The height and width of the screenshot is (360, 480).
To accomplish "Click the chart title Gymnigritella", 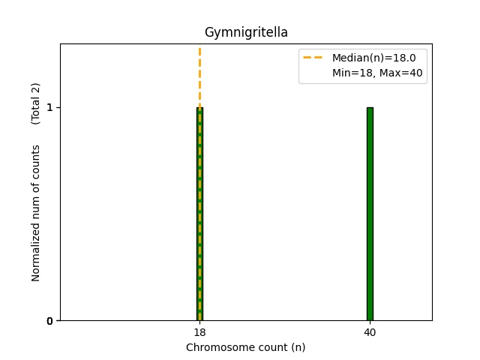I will coord(246,33).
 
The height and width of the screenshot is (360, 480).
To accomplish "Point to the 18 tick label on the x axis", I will coord(199,332).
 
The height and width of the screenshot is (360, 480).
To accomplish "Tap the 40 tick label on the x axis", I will coord(370,332).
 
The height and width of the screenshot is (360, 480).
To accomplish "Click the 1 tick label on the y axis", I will coord(49,107).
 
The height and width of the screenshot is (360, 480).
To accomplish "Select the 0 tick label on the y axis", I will coord(49,321).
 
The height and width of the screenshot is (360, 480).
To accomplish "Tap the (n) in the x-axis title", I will coord(298,347).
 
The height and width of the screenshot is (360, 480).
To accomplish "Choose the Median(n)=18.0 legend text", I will coord(368,57).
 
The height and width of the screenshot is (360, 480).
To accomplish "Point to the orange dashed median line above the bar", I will coord(199,75).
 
